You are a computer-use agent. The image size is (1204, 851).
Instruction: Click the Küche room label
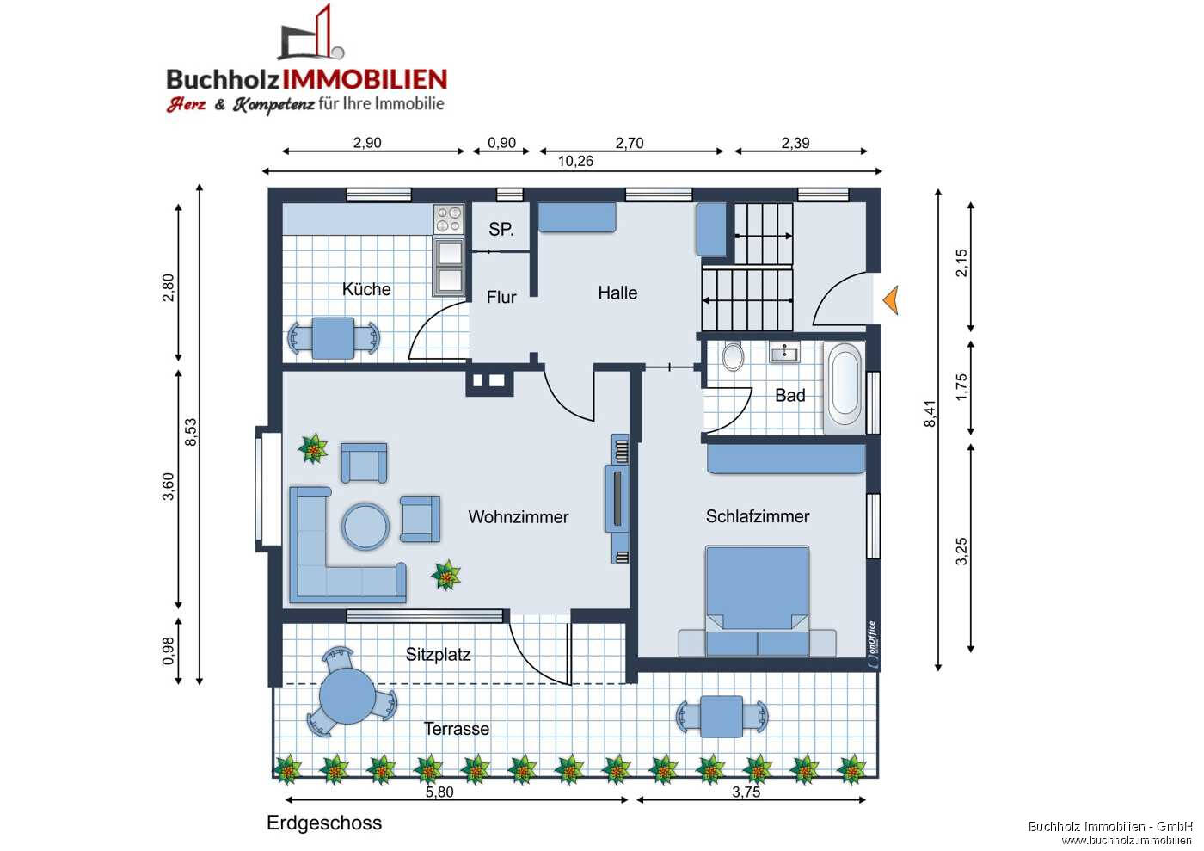click(x=366, y=289)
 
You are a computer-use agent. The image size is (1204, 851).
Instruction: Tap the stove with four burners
click(x=447, y=219)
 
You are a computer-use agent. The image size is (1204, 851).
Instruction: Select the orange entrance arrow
click(x=890, y=300)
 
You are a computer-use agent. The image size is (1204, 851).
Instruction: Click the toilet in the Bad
click(x=733, y=356)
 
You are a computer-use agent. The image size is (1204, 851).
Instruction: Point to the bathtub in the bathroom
click(x=845, y=389)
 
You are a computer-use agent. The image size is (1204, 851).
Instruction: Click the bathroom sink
click(x=784, y=353)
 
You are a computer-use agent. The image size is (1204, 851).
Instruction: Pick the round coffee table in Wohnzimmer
click(x=365, y=526)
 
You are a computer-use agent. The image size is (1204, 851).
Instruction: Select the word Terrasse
click(x=457, y=729)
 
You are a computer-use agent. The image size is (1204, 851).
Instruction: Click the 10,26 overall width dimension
click(x=575, y=161)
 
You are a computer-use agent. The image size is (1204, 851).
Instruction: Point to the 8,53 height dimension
click(x=191, y=432)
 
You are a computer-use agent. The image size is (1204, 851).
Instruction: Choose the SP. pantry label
click(x=501, y=230)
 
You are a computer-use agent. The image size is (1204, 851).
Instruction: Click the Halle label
click(x=617, y=293)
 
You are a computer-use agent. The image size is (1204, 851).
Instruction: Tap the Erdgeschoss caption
click(x=324, y=823)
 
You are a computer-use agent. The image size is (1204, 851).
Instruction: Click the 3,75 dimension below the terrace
click(x=746, y=792)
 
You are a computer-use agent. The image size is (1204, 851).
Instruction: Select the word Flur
click(x=501, y=297)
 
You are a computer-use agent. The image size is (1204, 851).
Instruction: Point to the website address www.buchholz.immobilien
click(x=1127, y=840)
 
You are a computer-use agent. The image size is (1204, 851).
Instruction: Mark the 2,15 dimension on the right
click(x=961, y=262)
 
